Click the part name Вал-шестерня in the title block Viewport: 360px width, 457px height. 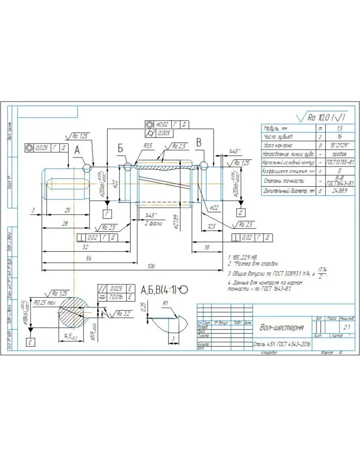point(281,328)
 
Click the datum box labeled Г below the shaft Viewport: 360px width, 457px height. point(107,214)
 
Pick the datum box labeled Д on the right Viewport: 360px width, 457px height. point(239,214)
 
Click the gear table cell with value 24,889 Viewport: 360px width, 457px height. point(339,192)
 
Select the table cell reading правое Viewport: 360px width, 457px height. point(339,154)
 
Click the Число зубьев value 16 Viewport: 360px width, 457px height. point(339,137)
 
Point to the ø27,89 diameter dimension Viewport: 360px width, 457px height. point(175,222)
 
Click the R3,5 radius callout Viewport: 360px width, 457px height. point(148,146)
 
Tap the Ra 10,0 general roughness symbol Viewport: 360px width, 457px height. point(320,118)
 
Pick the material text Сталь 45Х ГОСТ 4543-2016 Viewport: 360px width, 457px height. point(282,344)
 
